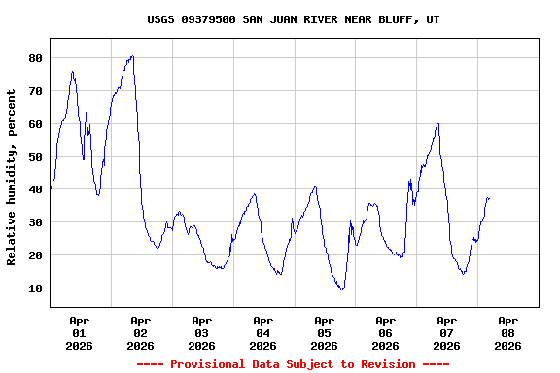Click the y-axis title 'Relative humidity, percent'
point(12,177)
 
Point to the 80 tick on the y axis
point(35,58)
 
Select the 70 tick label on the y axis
point(35,91)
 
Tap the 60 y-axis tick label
point(35,124)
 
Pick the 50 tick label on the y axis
point(35,157)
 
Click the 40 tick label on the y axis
point(35,189)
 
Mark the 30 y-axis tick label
point(35,222)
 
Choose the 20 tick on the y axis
point(35,255)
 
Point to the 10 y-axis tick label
point(35,288)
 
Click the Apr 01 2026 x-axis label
point(80,332)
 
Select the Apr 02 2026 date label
point(141,332)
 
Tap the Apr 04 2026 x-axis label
point(262,332)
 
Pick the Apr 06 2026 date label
point(385,332)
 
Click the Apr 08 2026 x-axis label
point(507,332)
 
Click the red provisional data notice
point(293,364)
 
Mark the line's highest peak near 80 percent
point(132,56)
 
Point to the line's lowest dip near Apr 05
point(341,289)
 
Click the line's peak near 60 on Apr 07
point(438,123)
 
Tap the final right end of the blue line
point(489,198)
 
